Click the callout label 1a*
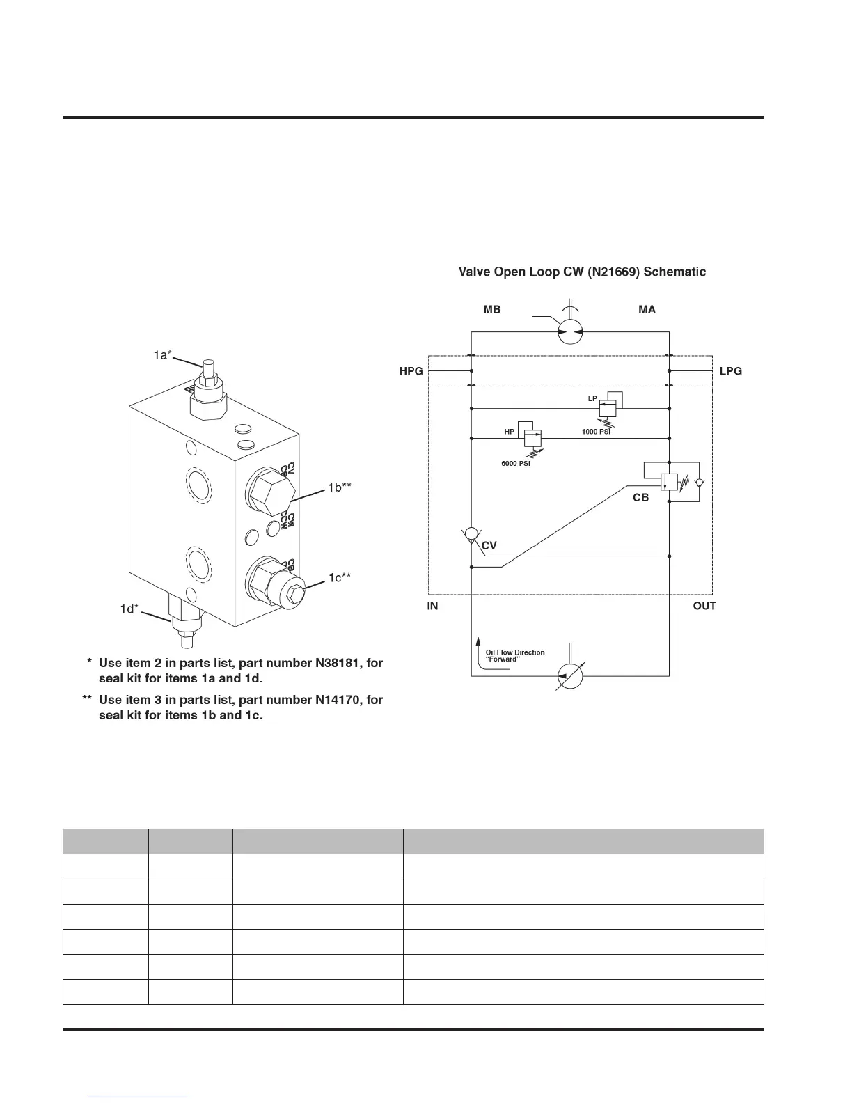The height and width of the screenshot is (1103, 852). click(x=163, y=355)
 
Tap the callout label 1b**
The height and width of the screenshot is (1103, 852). click(x=340, y=488)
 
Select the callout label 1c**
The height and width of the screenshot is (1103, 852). click(x=340, y=577)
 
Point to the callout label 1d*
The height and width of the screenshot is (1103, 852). click(x=129, y=609)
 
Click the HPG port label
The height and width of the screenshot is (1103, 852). click(x=411, y=371)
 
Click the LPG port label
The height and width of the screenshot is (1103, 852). click(x=730, y=371)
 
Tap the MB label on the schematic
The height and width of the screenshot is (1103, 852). click(x=491, y=310)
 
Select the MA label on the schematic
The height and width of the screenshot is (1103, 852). click(x=647, y=310)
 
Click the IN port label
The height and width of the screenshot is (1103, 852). click(x=432, y=606)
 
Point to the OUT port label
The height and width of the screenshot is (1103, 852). click(x=704, y=606)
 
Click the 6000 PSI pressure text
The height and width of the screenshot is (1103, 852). click(x=516, y=464)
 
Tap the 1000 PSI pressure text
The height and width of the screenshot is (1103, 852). click(x=596, y=432)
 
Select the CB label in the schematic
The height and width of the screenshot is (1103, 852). click(x=640, y=498)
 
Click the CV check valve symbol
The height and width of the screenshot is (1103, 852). click(x=471, y=534)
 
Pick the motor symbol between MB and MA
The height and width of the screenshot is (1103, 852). click(x=570, y=333)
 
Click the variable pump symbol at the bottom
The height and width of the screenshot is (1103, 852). click(x=570, y=676)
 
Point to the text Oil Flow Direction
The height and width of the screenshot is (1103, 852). click(x=515, y=652)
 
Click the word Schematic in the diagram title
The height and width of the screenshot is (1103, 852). click(x=674, y=272)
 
